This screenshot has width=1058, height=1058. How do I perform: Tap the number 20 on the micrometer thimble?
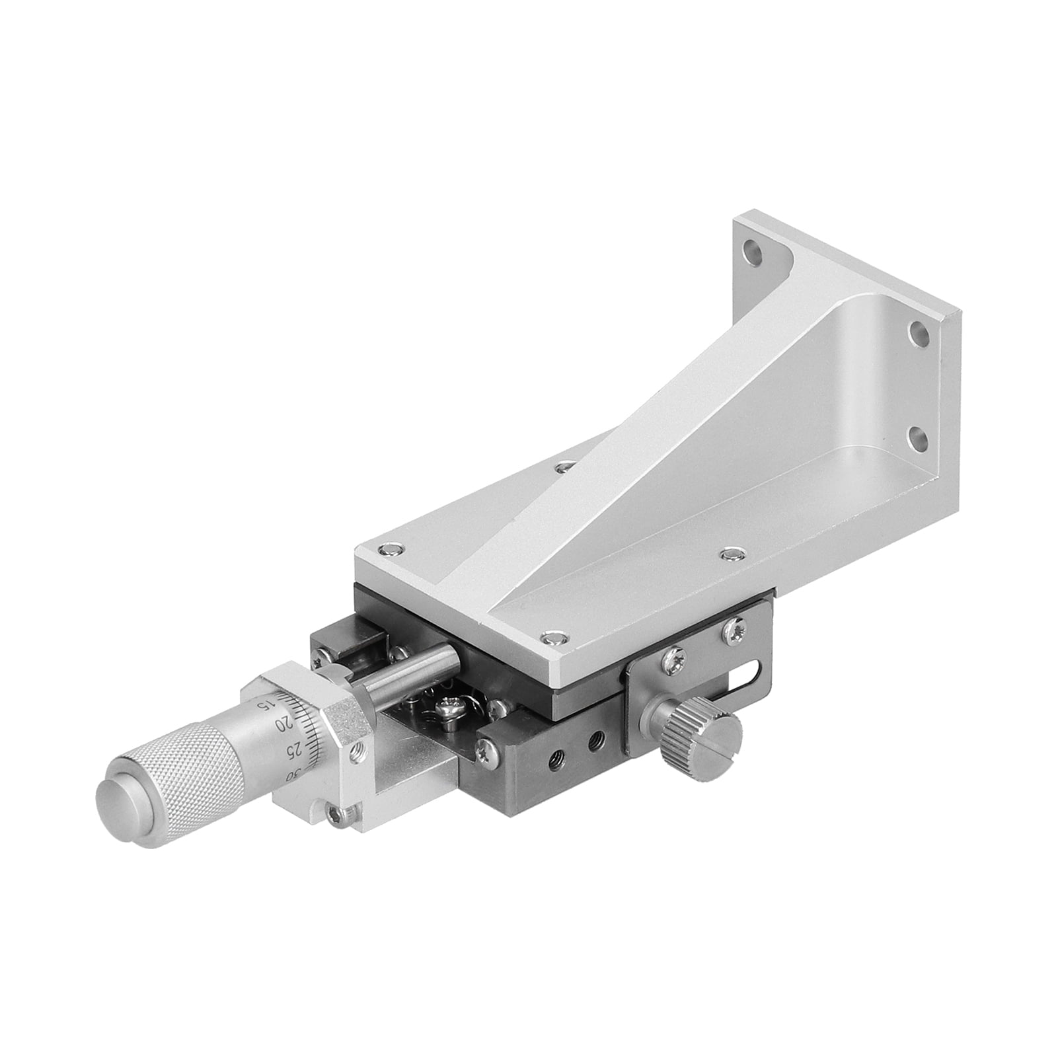pyautogui.click(x=283, y=724)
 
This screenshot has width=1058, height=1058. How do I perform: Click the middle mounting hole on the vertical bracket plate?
pyautogui.click(x=917, y=330)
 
